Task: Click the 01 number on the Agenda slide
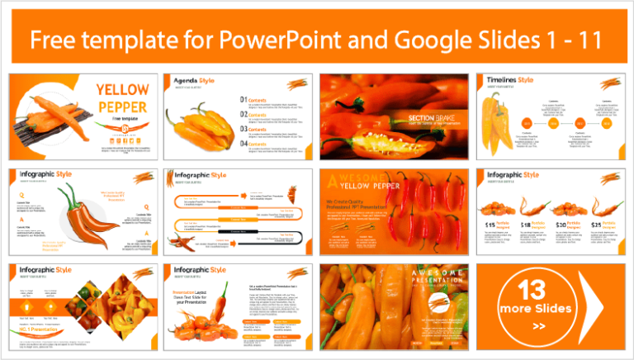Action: (x=243, y=101)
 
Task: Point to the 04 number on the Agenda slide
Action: (x=243, y=144)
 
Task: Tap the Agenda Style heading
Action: (x=196, y=81)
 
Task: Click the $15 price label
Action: (x=491, y=225)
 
